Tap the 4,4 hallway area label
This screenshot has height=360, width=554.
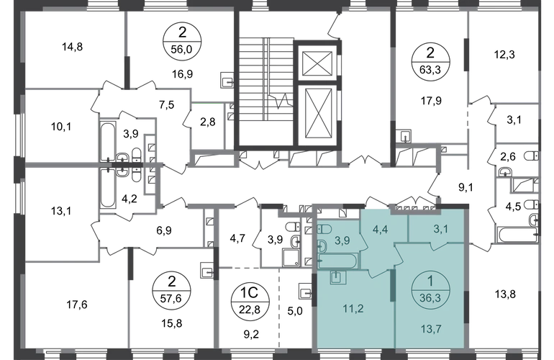(x=379, y=231)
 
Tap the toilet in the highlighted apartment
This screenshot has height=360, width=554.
(x=324, y=230)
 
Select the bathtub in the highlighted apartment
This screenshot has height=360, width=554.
(x=335, y=260)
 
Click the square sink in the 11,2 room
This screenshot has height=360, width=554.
(x=336, y=277)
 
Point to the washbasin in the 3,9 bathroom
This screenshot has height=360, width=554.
(x=322, y=246)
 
